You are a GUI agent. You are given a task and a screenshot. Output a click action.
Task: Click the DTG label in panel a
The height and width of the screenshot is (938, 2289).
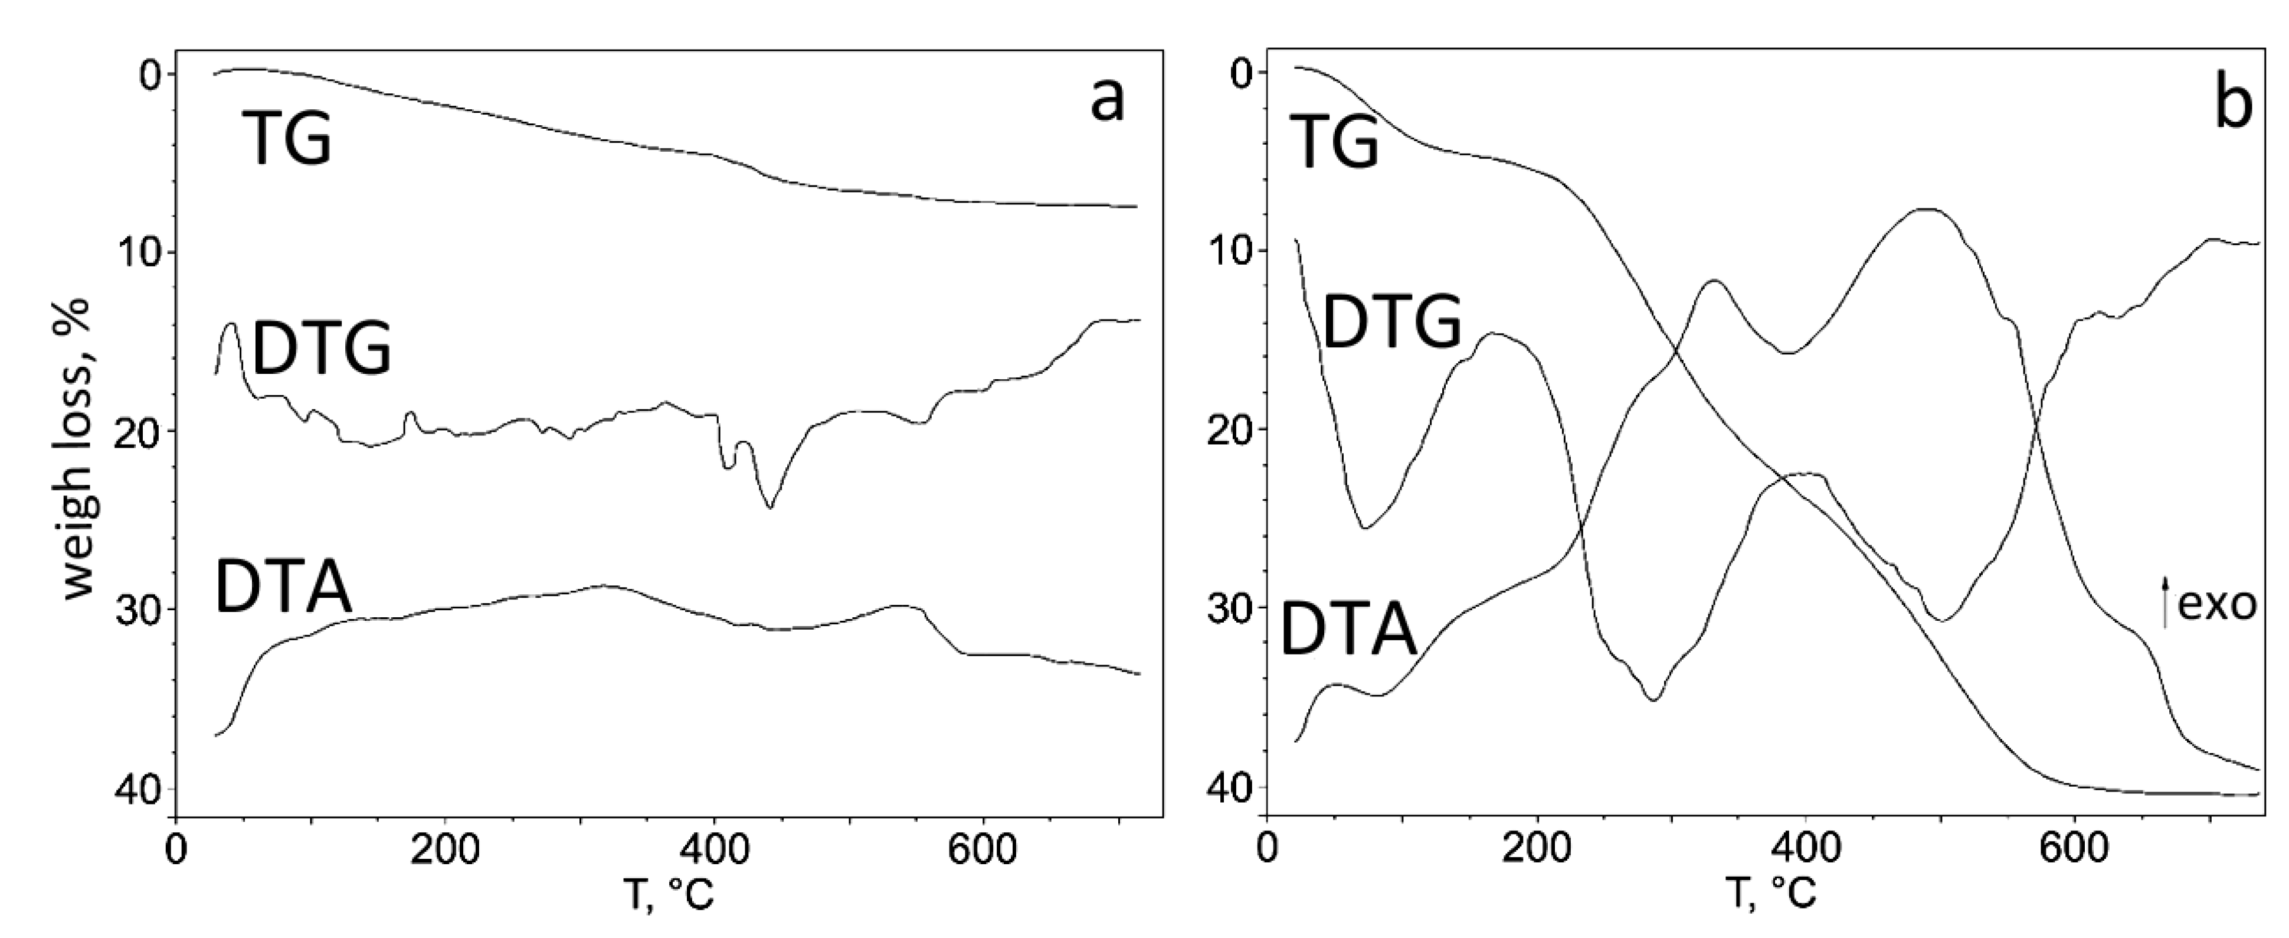[x=322, y=350]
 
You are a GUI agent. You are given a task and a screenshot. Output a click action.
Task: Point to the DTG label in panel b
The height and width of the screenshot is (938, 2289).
[x=1391, y=322]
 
